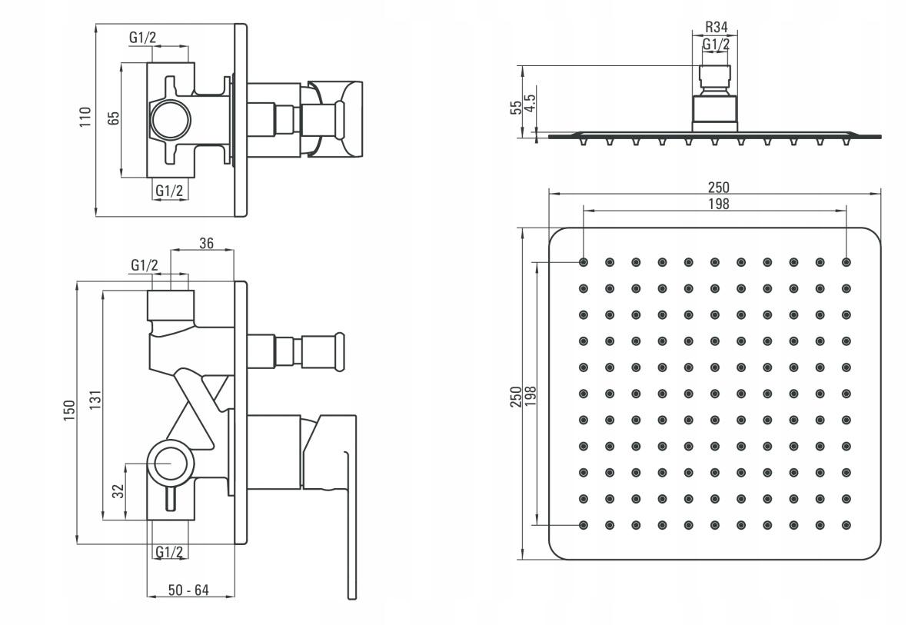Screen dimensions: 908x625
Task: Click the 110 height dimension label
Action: pos(85,117)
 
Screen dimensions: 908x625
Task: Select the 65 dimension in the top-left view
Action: pos(114,118)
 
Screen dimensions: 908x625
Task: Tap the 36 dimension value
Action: pos(206,243)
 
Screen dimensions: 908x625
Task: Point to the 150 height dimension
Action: pos(69,410)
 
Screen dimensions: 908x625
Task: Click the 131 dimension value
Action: pos(96,400)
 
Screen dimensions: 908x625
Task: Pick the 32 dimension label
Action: pos(118,491)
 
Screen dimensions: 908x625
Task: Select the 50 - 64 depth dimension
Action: pos(188,590)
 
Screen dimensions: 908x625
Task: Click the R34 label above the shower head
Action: pos(717,27)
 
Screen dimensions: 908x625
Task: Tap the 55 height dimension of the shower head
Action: pos(515,108)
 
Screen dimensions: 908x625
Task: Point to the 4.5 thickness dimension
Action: pos(529,105)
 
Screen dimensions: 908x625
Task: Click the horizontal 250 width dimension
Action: pos(719,187)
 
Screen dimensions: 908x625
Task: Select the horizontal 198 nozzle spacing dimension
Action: pos(719,203)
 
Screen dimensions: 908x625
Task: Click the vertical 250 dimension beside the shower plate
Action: pos(516,397)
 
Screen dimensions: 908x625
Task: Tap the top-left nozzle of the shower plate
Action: pos(583,262)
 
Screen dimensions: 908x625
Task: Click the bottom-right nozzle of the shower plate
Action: pos(846,525)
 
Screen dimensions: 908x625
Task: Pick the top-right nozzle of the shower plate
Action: pos(846,262)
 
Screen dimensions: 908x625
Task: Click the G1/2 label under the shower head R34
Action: pos(717,44)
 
